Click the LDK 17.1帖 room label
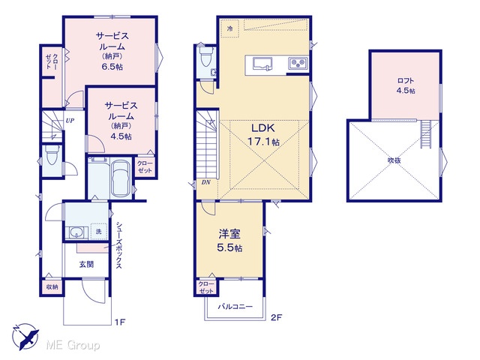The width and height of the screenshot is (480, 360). click(263, 134)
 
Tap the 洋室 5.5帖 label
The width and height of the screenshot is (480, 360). click(229, 241)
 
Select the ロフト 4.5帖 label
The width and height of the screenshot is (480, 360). click(406, 85)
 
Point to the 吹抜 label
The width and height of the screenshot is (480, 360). click(394, 160)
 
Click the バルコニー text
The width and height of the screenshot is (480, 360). click(235, 307)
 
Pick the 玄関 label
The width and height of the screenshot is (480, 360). click(87, 264)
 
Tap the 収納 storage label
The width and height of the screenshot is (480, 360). click(52, 287)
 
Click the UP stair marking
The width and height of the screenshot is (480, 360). click(70, 121)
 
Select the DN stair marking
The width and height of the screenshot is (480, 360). click(206, 182)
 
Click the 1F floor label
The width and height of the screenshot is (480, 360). click(120, 322)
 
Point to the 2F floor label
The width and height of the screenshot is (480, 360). click(275, 317)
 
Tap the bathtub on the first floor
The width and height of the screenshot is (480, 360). click(121, 179)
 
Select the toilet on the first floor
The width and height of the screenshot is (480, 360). click(52, 155)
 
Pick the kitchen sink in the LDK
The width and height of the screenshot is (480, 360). click(262, 64)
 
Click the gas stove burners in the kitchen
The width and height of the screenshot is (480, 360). click(298, 63)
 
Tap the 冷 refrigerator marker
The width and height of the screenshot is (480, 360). click(230, 28)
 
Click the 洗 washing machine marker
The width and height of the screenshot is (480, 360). click(98, 232)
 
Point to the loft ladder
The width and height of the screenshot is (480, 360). click(425, 134)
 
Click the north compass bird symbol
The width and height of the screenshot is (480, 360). click(25, 337)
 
